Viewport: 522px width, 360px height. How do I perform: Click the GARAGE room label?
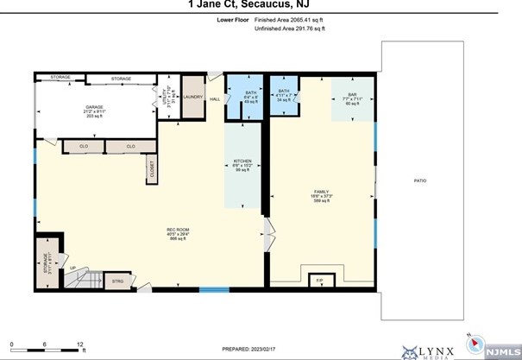pos(70,107)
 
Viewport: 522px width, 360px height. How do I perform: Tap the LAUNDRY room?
pos(192,98)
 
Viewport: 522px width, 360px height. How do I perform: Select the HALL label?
pos(215,99)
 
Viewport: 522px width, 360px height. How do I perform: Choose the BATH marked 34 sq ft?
pos(283,95)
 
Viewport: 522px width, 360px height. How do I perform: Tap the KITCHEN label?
pos(242,165)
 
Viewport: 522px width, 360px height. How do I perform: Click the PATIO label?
pos(419,180)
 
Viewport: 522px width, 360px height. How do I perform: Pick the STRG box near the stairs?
pos(117,281)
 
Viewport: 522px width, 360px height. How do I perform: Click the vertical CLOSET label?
pos(152,171)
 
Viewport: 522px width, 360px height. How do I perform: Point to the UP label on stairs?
pos(72,268)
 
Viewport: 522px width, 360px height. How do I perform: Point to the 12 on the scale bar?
pos(80,344)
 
